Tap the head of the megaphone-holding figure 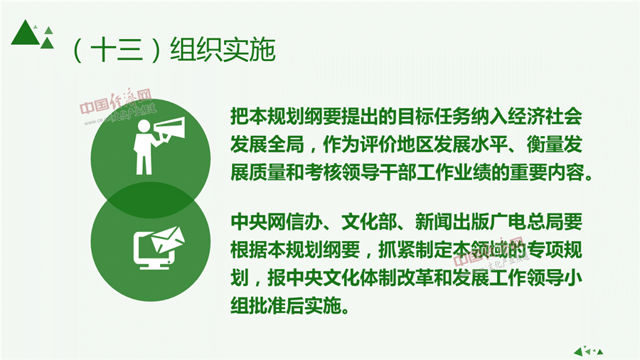(144, 126)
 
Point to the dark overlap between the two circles (151, 200)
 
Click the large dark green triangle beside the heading (26, 33)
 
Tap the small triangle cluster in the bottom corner (588, 351)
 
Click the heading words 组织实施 (223, 51)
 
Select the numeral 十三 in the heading (117, 51)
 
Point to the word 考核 (323, 173)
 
